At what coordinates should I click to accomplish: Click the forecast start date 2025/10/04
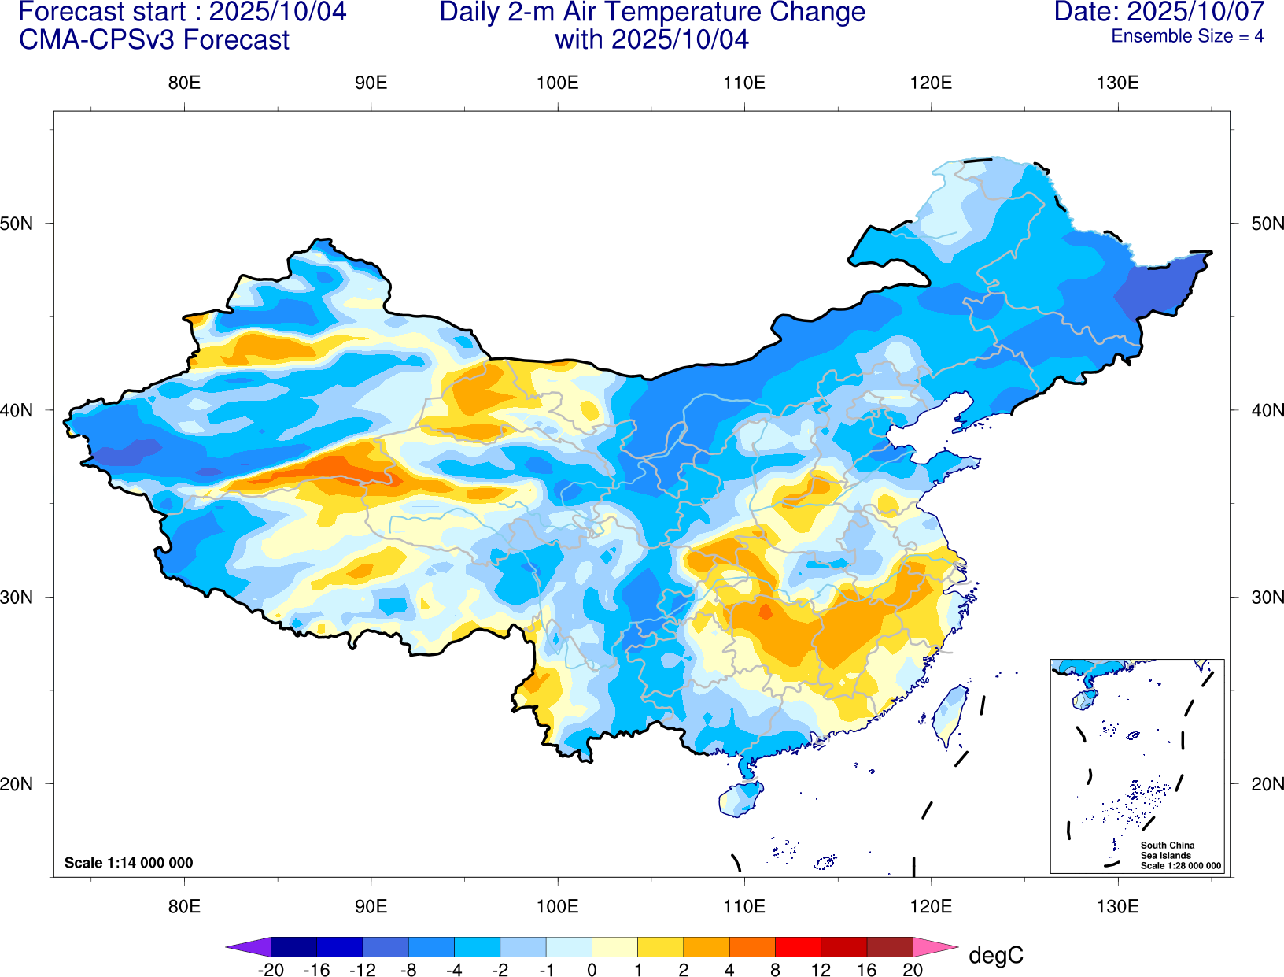(277, 12)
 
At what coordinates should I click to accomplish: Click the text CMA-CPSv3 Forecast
(154, 40)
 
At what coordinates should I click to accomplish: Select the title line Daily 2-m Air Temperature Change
(652, 12)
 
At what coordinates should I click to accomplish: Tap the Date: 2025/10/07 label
(1159, 12)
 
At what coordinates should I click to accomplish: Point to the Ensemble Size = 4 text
(1187, 36)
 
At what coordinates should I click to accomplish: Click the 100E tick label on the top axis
(557, 83)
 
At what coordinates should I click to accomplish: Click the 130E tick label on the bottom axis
(1117, 906)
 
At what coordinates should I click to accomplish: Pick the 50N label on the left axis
(17, 224)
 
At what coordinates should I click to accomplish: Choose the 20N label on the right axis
(1267, 784)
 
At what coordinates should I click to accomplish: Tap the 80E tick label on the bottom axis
(184, 906)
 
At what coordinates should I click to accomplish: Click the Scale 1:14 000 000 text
(129, 863)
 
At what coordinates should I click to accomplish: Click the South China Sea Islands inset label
(1168, 850)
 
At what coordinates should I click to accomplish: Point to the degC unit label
(996, 956)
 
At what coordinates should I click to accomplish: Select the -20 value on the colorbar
(271, 970)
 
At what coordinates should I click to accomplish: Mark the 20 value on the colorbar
(913, 970)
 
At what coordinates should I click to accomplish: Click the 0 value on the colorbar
(592, 970)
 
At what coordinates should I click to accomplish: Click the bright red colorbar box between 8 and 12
(798, 947)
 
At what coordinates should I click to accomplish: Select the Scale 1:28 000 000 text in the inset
(1181, 866)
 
